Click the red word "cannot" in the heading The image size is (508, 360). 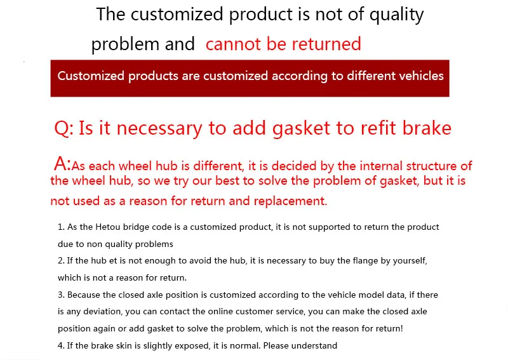pos(233,44)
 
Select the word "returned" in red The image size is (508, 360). pos(326,44)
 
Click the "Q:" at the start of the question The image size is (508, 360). pos(64,128)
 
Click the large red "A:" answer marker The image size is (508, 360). pos(62,164)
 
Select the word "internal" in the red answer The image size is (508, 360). pos(380,166)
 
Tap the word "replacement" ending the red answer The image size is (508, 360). pos(290,201)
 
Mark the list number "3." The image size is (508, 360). pos(61,295)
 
